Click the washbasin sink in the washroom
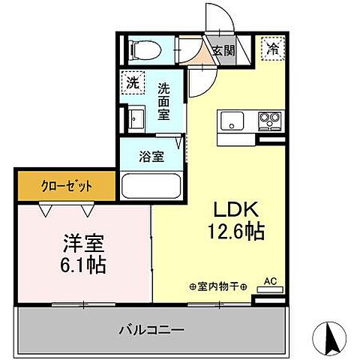(136, 120)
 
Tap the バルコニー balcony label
(152, 328)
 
